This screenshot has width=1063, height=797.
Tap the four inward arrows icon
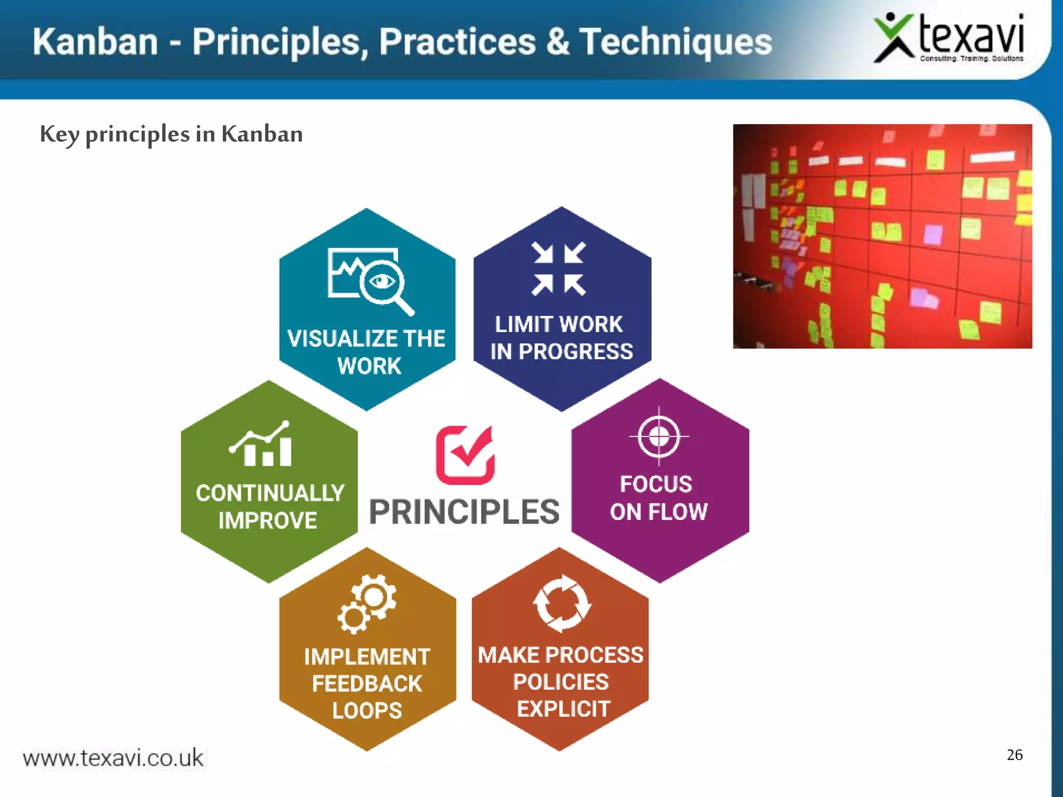559,269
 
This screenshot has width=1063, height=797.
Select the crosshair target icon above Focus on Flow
659,436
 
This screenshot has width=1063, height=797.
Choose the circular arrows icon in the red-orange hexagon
562,603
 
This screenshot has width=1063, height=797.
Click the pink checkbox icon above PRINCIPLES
465,455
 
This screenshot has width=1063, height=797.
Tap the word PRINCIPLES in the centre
464,512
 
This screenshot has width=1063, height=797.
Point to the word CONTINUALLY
270,493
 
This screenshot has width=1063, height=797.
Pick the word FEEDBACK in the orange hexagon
367,683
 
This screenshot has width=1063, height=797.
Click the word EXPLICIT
563,709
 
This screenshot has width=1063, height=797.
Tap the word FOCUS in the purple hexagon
656,484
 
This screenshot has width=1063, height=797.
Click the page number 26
1014,754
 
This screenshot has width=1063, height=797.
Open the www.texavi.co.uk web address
113,758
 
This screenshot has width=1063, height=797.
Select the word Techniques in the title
675,42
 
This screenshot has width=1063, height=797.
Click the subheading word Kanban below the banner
262,134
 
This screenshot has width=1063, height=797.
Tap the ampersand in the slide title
557,42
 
